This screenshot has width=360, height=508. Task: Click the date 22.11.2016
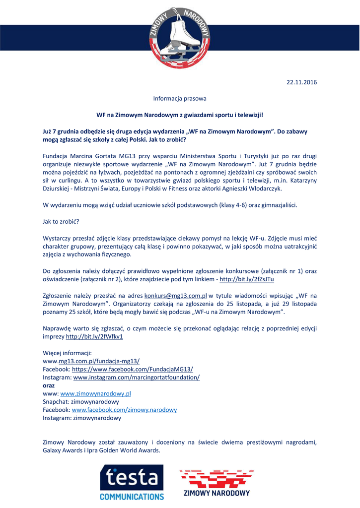301,82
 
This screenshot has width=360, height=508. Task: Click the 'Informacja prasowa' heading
180,98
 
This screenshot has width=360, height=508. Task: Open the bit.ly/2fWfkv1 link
94,336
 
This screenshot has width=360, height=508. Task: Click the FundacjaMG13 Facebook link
133,369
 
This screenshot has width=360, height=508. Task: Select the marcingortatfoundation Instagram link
137,378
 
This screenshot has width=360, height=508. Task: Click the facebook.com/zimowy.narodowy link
124,410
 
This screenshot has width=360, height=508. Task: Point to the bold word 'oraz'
49,385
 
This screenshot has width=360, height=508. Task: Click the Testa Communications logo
132,482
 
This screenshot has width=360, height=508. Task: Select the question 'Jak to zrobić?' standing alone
61,221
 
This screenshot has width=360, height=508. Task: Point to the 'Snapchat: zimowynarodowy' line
81,401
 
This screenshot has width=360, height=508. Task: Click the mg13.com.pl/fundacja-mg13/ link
99,361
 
